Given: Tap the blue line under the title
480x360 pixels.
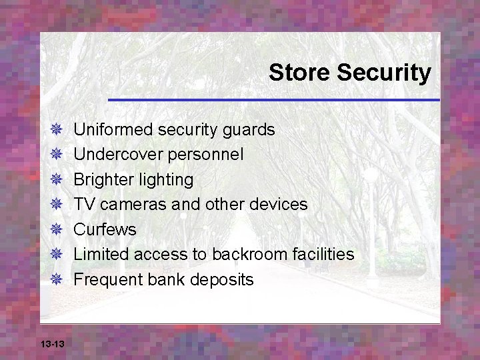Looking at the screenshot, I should tap(273, 100).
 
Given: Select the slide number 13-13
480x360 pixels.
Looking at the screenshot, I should tap(52, 343).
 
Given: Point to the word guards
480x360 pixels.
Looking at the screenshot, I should tap(250, 129).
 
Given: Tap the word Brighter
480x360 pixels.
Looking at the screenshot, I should tap(101, 179).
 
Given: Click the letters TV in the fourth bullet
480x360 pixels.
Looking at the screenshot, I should tap(83, 204).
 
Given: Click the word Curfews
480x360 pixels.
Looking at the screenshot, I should tap(105, 229).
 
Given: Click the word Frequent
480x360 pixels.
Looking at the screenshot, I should tap(105, 279).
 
